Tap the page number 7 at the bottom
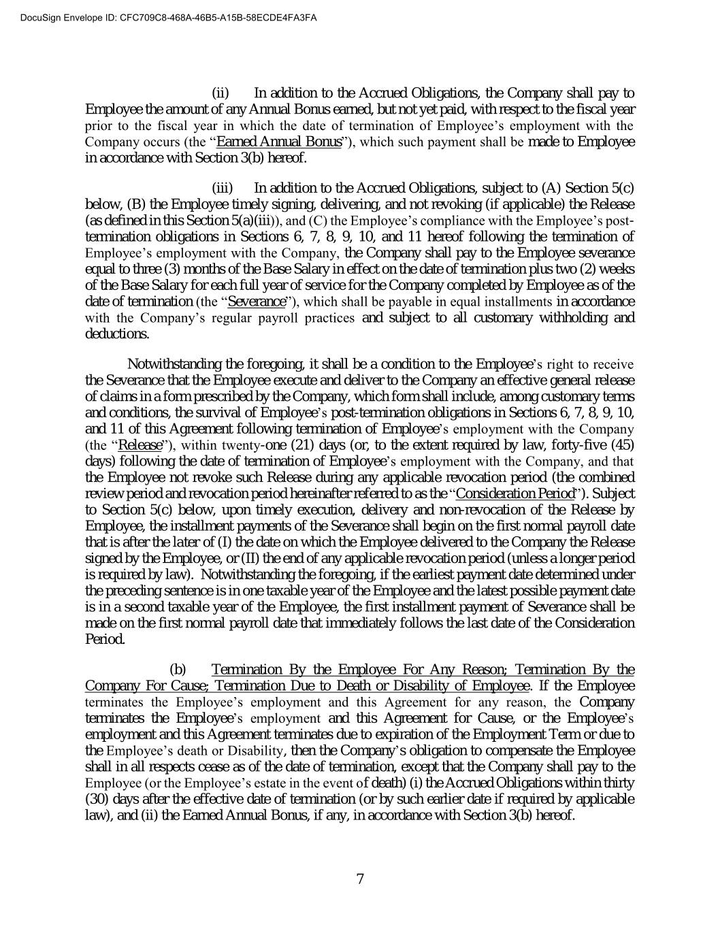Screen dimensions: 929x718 tap(360, 879)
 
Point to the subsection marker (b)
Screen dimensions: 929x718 tap(178, 670)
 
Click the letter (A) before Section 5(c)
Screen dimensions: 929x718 tap(551, 188)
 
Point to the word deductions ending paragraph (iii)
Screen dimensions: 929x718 tap(116, 334)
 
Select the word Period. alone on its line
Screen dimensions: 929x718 tap(105, 640)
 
